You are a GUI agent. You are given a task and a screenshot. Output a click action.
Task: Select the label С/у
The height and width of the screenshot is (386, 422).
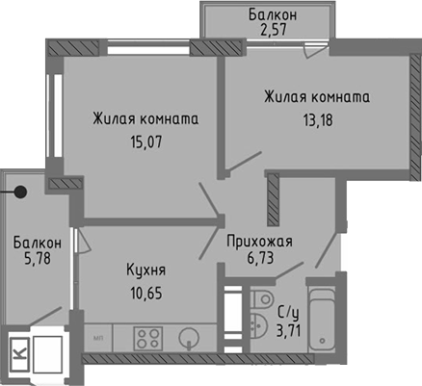[x=287, y=313]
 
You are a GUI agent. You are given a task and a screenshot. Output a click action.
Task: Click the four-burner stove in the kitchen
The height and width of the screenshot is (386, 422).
[x=147, y=338]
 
